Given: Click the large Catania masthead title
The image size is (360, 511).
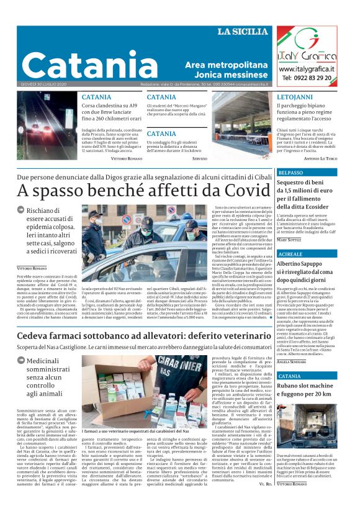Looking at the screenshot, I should click(90, 65).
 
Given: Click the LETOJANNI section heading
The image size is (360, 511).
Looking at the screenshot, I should click(295, 97).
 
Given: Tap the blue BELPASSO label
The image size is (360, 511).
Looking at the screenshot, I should click(291, 172).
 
